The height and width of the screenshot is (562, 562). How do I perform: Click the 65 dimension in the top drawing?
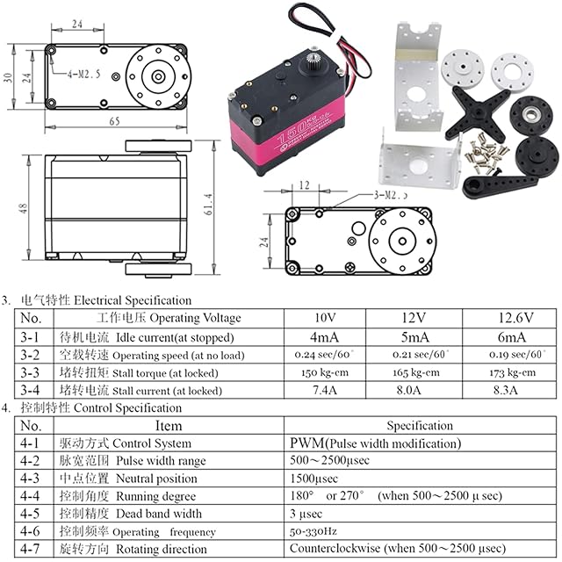(x=115, y=121)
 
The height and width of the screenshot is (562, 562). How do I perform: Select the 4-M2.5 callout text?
(x=68, y=65)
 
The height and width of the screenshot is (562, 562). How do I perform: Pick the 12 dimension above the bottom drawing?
(x=305, y=185)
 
